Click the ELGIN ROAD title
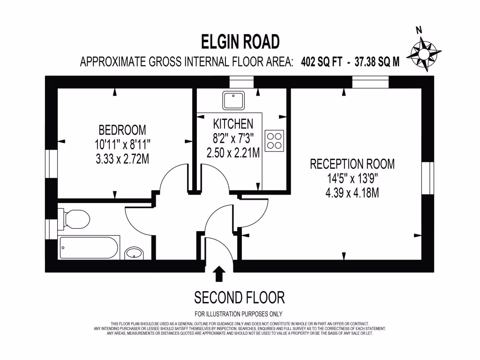pyautogui.click(x=240, y=42)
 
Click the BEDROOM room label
pyautogui.click(x=122, y=129)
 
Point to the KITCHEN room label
pyautogui.click(x=233, y=124)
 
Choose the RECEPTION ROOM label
pyautogui.click(x=352, y=164)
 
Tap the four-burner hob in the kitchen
pyautogui.click(x=274, y=141)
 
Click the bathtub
pyautogui.click(x=89, y=247)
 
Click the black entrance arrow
pyautogui.click(x=218, y=274)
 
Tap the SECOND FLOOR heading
pyautogui.click(x=239, y=297)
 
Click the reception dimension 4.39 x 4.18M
pyautogui.click(x=352, y=193)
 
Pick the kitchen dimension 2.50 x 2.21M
pyautogui.click(x=233, y=153)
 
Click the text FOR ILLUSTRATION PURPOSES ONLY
pyautogui.click(x=238, y=314)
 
